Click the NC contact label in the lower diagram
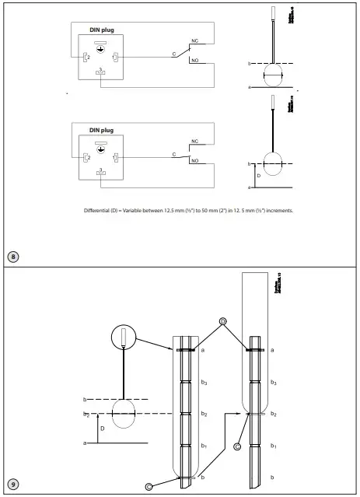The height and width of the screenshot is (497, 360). coord(195,142)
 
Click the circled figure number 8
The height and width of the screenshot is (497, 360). coord(13,256)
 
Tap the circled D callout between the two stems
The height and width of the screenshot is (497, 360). coord(222,321)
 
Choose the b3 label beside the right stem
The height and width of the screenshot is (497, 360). coord(273,383)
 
